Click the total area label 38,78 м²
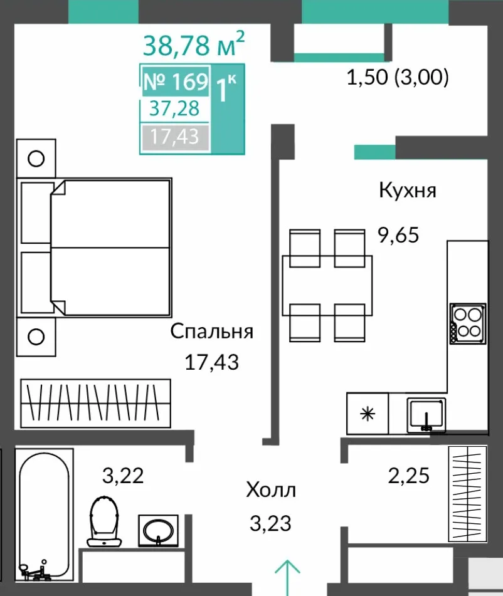[x=194, y=44]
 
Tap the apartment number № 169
[x=176, y=81]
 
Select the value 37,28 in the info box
[x=174, y=108]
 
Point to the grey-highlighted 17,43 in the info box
[x=174, y=137]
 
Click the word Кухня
[x=408, y=190]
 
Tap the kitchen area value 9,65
[x=398, y=234]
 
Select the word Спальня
[x=211, y=332]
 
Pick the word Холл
[x=271, y=490]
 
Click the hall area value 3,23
[x=270, y=523]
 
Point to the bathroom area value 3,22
[x=123, y=476]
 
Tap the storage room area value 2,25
[x=409, y=476]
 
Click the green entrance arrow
[x=288, y=572]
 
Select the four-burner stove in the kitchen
[x=468, y=323]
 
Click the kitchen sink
[x=426, y=415]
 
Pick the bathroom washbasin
[x=158, y=531]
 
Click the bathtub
[x=44, y=515]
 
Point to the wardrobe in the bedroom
[x=95, y=404]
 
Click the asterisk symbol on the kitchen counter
[x=368, y=414]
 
